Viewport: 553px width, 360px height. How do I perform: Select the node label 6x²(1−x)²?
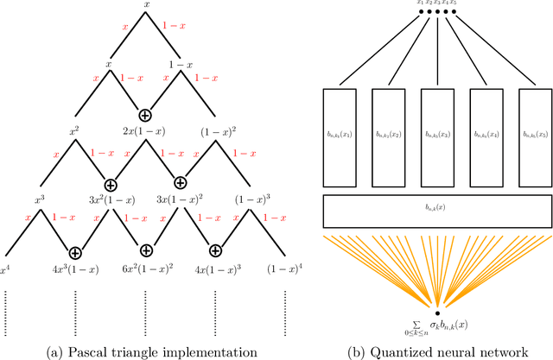click(x=146, y=268)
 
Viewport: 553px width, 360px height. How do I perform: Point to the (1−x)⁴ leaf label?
click(x=285, y=268)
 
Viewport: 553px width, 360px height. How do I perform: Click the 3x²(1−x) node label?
click(x=111, y=199)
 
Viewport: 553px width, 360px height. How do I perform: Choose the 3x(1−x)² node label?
click(x=181, y=199)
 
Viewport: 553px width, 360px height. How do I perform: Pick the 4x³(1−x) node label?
click(x=76, y=268)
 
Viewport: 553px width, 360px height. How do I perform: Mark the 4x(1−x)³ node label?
click(x=216, y=268)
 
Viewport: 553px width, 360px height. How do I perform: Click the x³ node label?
click(x=41, y=199)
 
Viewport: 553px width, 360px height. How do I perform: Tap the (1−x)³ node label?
click(x=251, y=199)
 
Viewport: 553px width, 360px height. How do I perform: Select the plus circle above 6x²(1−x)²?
click(x=146, y=251)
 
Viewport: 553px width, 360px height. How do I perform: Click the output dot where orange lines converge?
click(x=437, y=313)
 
